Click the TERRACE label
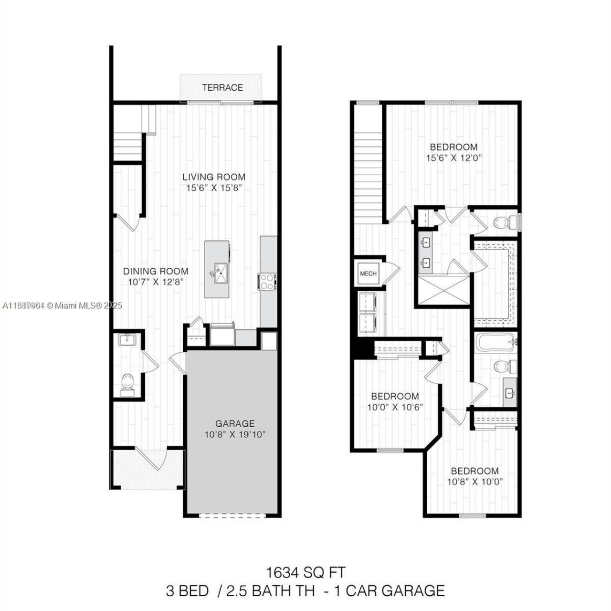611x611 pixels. (x=222, y=88)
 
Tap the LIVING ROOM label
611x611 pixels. (x=214, y=177)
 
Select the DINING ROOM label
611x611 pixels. (x=156, y=271)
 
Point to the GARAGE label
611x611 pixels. (x=234, y=423)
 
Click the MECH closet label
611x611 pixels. (x=368, y=274)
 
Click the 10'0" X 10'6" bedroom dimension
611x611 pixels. (x=395, y=407)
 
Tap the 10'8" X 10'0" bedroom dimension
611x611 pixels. (x=474, y=482)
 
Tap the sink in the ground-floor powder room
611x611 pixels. (x=127, y=340)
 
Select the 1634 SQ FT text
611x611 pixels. (x=305, y=571)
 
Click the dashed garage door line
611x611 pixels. (x=232, y=514)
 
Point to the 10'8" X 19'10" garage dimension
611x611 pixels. (x=234, y=435)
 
